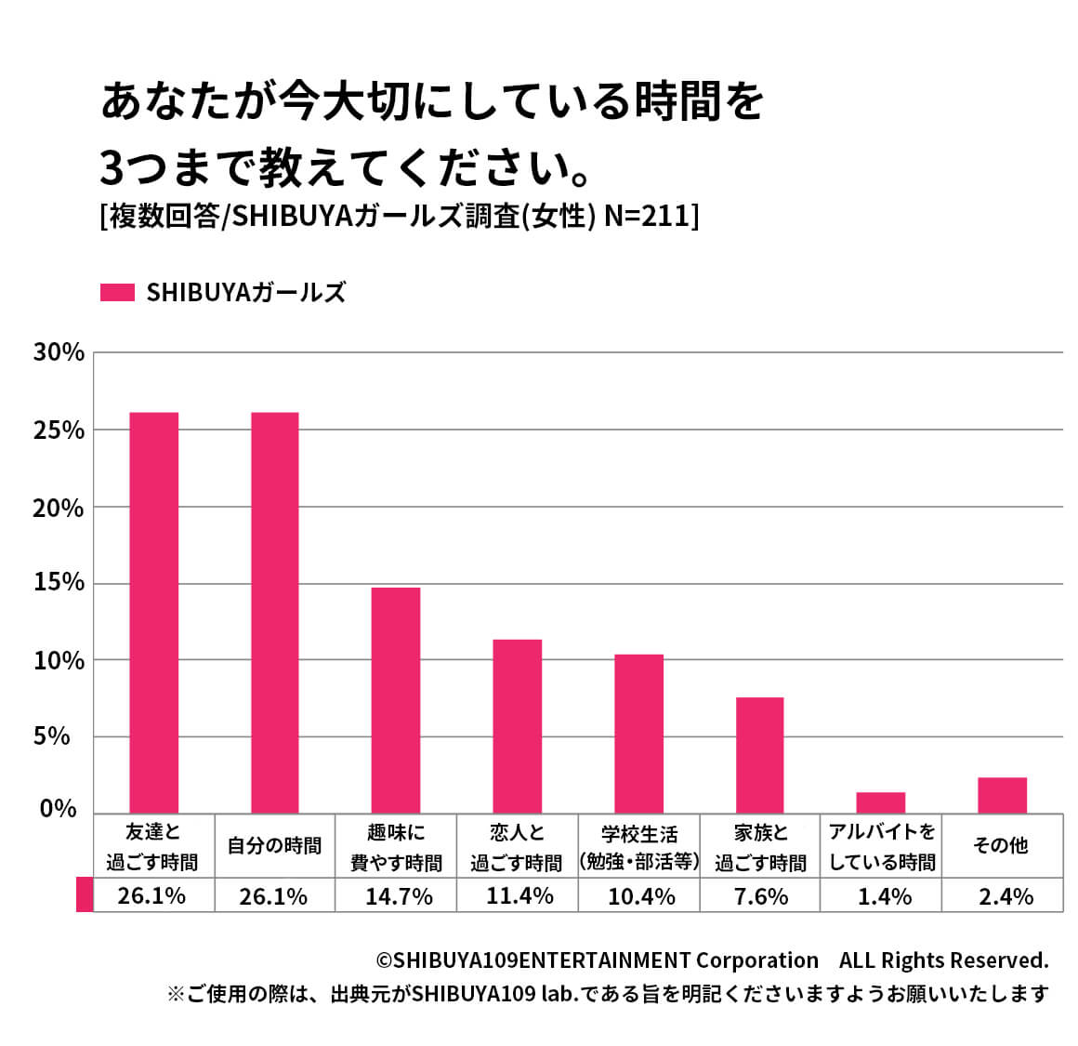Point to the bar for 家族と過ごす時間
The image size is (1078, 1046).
click(x=759, y=754)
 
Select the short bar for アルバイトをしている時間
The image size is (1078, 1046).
click(x=880, y=801)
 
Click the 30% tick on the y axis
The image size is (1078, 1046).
click(x=59, y=352)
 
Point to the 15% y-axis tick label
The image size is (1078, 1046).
click(x=59, y=583)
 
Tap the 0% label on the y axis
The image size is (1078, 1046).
click(x=59, y=809)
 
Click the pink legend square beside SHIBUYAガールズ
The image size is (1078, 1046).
click(x=117, y=292)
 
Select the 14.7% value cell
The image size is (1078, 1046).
click(x=398, y=896)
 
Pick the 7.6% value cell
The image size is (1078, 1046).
click(x=761, y=896)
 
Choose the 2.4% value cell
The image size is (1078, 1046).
click(x=1006, y=896)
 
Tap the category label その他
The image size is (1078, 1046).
click(x=1000, y=845)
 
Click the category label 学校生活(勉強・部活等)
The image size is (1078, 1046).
click(x=638, y=846)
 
